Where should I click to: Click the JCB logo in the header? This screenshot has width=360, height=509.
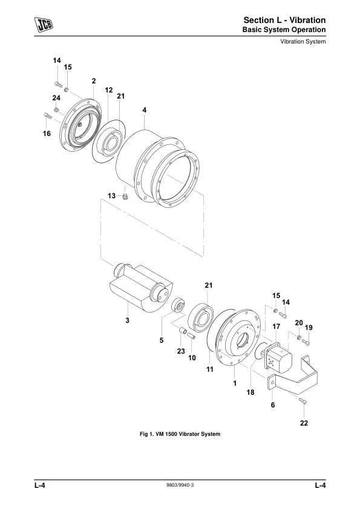pos(44,25)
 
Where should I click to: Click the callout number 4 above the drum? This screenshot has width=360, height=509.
pos(144,110)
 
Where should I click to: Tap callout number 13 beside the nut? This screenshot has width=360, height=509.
pos(112,196)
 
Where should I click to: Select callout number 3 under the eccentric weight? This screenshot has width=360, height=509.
pos(128,320)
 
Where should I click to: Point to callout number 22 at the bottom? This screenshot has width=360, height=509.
pos(304,423)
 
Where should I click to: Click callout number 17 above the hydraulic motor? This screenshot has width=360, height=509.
pos(276,326)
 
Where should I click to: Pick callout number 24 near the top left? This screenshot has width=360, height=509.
pos(56,98)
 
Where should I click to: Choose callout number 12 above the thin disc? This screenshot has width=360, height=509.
pos(109,90)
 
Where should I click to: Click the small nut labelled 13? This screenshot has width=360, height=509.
pos(125,196)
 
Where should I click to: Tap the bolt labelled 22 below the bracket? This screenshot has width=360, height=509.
pos(303,401)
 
